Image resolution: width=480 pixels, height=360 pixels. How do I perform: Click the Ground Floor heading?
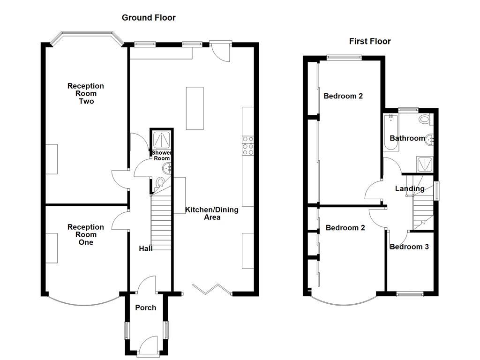pyautogui.click(x=149, y=18)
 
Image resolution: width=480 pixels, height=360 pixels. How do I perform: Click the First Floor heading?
pyautogui.click(x=370, y=41)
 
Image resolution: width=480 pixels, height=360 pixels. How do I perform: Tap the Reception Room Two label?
pyautogui.click(x=86, y=93)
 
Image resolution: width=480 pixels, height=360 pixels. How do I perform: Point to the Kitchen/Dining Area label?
pyautogui.click(x=211, y=213)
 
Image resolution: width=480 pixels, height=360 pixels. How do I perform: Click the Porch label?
pyautogui.click(x=145, y=307)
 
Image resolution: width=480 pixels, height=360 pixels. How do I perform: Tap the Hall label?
pyautogui.click(x=145, y=248)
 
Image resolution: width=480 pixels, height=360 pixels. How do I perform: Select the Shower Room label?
pyautogui.click(x=162, y=156)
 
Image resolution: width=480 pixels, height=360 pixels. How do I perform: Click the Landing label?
pyautogui.click(x=409, y=189)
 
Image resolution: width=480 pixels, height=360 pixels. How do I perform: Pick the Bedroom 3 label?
pyautogui.click(x=409, y=247)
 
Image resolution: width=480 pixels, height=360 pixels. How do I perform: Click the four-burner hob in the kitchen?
pyautogui.click(x=248, y=145)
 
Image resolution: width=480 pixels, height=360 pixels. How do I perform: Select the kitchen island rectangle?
pyautogui.click(x=195, y=108)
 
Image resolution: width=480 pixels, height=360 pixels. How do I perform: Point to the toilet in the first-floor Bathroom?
pyautogui.click(x=425, y=119)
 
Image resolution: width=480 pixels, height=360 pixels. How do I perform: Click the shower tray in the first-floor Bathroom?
pyautogui.click(x=425, y=164)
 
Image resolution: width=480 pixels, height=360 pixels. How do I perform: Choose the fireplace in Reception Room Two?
pyautogui.click(x=52, y=159)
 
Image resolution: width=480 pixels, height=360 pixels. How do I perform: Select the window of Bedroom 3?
pyautogui.click(x=410, y=294)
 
